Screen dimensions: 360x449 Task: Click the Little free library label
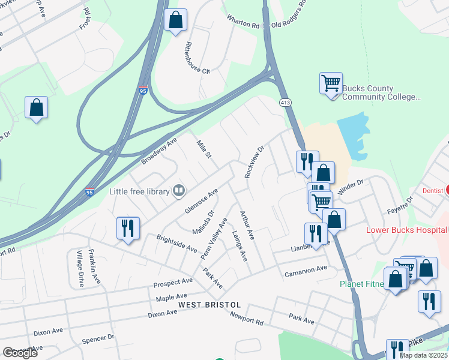click(x=139, y=192)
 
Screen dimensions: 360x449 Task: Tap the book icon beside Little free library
click(x=178, y=191)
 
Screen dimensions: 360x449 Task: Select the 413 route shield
click(x=285, y=103)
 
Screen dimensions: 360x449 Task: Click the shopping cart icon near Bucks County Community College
click(x=331, y=83)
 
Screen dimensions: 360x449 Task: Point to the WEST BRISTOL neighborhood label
click(x=209, y=305)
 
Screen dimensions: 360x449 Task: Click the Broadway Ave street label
click(x=160, y=151)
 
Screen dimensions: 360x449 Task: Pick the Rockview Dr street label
click(x=254, y=162)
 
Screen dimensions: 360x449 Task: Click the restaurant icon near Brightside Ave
click(x=128, y=228)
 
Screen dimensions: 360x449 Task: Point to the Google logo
click(x=20, y=353)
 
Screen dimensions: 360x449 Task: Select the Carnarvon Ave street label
click(x=306, y=272)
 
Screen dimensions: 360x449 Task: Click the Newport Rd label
click(x=246, y=319)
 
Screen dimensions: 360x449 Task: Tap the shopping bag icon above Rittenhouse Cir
click(x=175, y=20)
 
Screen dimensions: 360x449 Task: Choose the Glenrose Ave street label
click(x=201, y=200)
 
